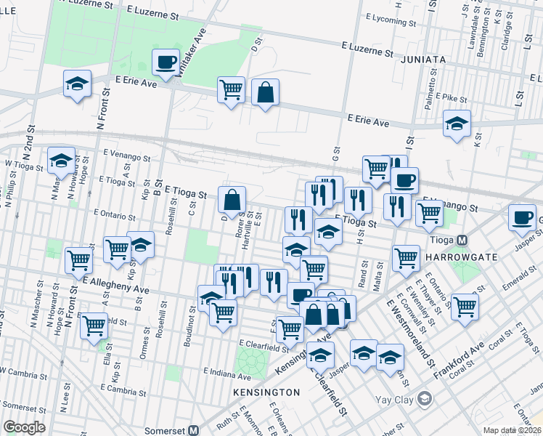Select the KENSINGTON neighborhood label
tap(267, 392)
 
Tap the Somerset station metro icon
tap(193, 429)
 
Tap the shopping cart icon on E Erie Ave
tap(231, 90)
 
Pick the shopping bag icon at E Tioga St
tap(232, 199)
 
